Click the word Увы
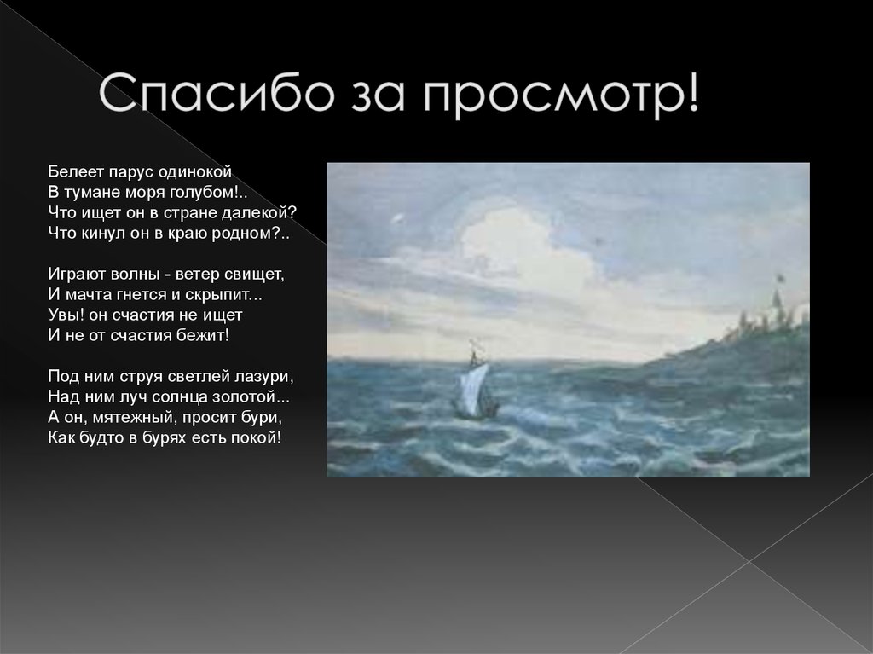[x=65, y=315]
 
